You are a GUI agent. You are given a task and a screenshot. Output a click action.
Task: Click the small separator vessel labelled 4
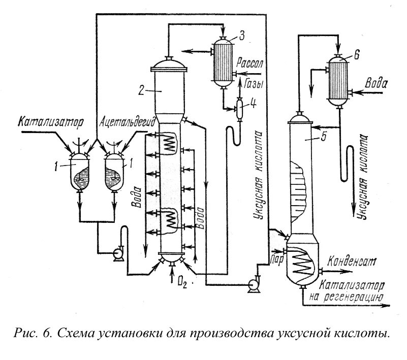pos(238,108)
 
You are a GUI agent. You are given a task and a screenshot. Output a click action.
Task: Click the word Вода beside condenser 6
pos(378,82)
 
